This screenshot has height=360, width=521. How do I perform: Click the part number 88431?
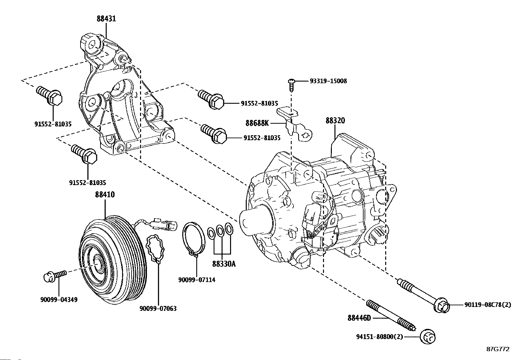[106, 19]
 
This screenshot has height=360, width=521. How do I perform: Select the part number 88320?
[335, 121]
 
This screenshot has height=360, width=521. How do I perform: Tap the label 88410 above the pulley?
[105, 195]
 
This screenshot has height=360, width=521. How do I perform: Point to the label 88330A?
[224, 264]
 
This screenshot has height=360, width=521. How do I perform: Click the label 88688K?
[257, 123]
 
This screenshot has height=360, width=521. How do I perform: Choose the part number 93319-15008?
[328, 81]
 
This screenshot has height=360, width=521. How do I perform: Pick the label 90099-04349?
[59, 299]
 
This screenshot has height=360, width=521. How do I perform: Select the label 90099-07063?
[158, 308]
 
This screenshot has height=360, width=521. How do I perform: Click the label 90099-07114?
[197, 280]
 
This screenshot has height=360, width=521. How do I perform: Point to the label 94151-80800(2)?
[380, 337]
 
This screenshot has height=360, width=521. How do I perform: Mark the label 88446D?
[359, 317]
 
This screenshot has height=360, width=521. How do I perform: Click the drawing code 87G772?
[498, 349]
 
